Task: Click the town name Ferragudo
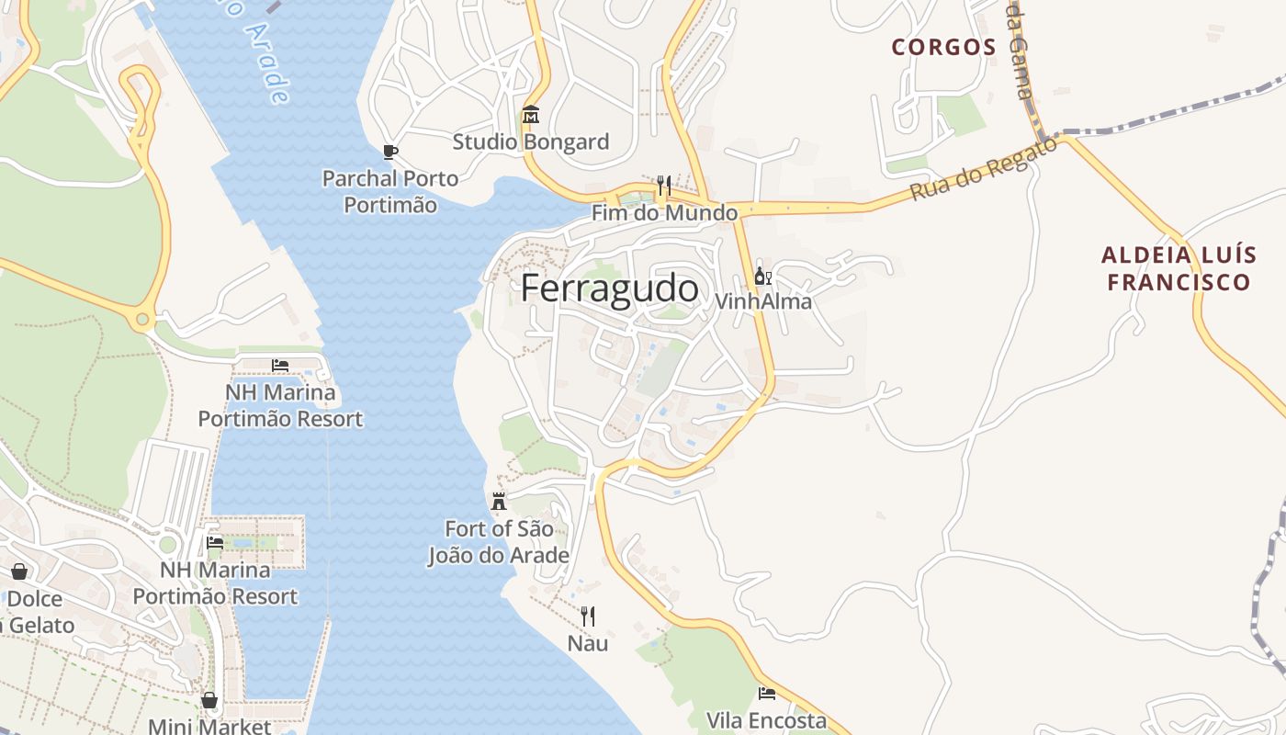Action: click(609, 288)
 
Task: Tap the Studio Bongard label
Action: click(530, 142)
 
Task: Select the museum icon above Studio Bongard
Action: click(530, 116)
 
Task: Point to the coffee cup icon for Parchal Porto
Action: click(389, 152)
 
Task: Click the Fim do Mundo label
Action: click(664, 213)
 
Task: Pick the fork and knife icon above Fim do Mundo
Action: click(663, 186)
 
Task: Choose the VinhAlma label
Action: click(762, 301)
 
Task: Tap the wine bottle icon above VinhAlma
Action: click(762, 276)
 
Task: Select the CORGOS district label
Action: click(943, 47)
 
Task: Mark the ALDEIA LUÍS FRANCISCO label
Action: click(1179, 268)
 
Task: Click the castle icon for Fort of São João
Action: click(499, 502)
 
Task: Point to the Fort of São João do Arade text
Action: click(499, 542)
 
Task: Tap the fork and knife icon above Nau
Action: click(588, 616)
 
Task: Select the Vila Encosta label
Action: click(766, 720)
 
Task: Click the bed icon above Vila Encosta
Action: click(766, 694)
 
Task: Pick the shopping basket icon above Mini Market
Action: click(209, 701)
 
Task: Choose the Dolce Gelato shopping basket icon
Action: click(19, 572)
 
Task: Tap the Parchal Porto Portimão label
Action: click(389, 191)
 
